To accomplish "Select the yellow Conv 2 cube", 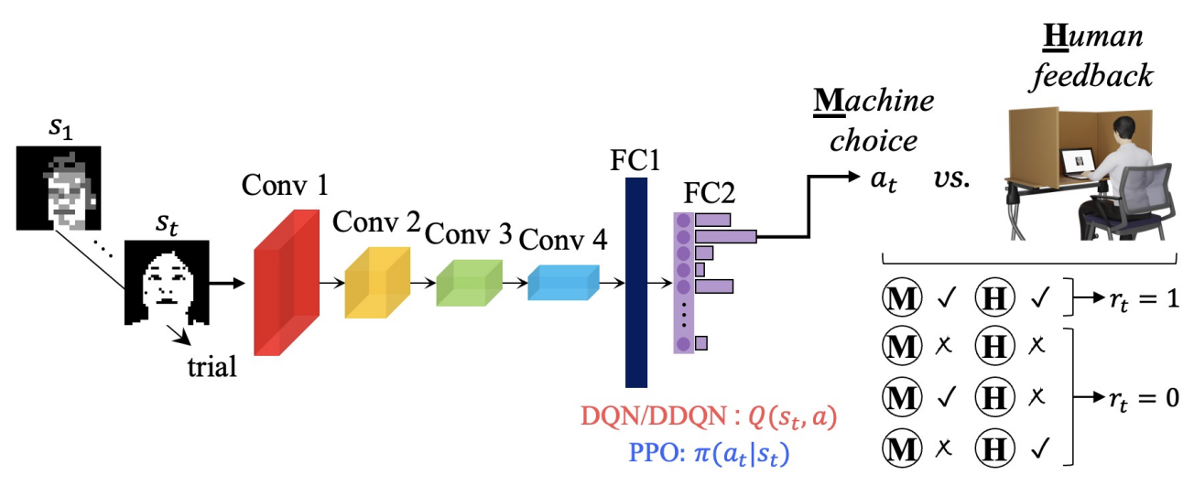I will coord(374,281).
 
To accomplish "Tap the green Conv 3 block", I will coord(468,282).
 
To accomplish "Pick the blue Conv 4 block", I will coord(562,282).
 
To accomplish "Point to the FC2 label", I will coord(709,193).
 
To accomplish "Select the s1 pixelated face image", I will coord(58,187).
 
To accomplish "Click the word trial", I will coord(210,368).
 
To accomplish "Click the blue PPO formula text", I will coord(710,453).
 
